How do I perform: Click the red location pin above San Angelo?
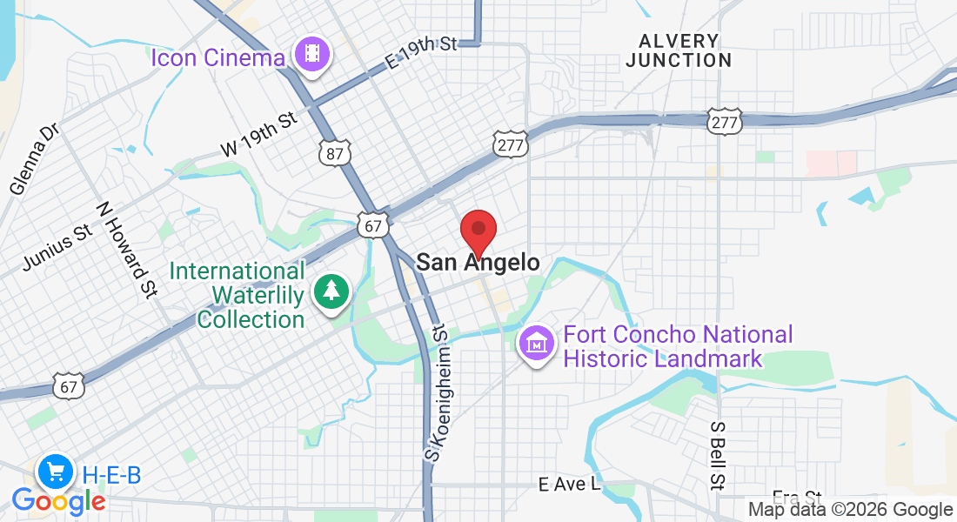pos(478,231)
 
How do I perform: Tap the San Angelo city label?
pos(478,262)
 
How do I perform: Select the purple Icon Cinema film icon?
pos(312,55)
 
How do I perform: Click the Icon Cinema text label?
pos(217,58)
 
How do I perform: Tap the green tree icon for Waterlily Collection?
pos(331,291)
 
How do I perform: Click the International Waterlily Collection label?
pos(238,296)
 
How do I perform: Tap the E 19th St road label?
pos(421,53)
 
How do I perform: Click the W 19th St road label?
pos(259,136)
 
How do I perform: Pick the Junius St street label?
pos(57,247)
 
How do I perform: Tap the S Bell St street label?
pos(718,456)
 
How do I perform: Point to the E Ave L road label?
pos(569,485)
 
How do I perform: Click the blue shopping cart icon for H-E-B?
pos(57,472)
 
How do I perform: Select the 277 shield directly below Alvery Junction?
pos(724,123)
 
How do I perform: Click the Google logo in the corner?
pos(58,501)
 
